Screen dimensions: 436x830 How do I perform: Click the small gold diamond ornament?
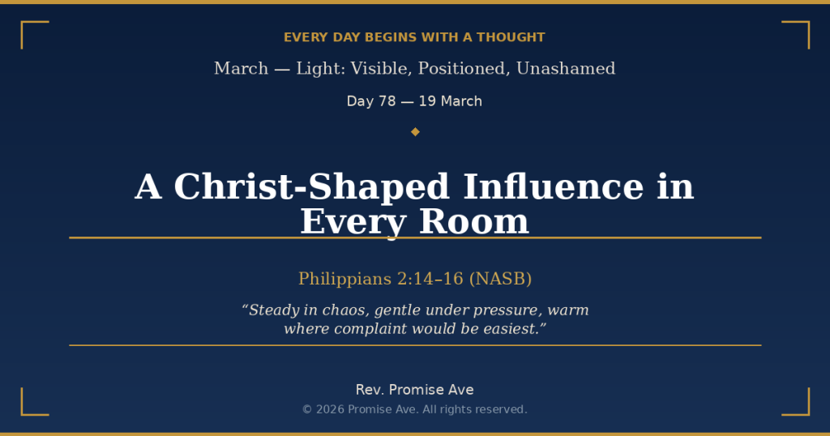pyautogui.click(x=415, y=131)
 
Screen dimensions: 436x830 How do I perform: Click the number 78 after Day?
pyautogui.click(x=387, y=101)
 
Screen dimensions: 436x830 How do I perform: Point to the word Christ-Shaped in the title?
pyautogui.click(x=311, y=187)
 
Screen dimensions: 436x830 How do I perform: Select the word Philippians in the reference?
pyautogui.click(x=344, y=279)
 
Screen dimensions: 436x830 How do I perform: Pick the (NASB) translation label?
pyautogui.click(x=500, y=279)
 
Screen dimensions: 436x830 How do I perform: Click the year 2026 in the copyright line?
pyautogui.click(x=330, y=409)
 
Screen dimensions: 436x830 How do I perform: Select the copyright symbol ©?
pyautogui.click(x=307, y=409)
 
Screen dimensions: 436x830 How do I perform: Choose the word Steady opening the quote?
pyautogui.click(x=272, y=310)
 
